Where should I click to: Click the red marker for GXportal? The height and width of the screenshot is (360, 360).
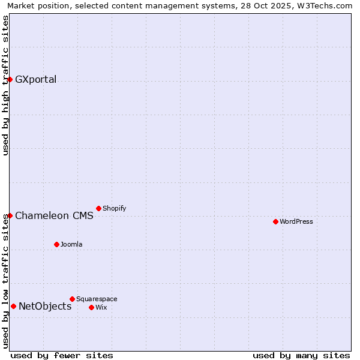click(x=10, y=79)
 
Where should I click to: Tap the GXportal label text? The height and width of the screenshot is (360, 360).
click(x=35, y=80)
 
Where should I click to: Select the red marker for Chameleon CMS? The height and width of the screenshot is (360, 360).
click(x=10, y=215)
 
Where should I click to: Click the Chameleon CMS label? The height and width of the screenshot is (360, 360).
click(x=54, y=216)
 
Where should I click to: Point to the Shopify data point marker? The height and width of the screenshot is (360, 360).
click(x=98, y=208)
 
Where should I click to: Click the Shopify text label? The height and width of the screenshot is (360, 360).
click(x=114, y=208)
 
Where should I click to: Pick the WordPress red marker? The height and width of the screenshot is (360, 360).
click(x=275, y=221)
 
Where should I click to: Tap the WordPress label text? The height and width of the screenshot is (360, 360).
click(x=296, y=221)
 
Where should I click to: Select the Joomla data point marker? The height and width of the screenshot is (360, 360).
click(x=56, y=244)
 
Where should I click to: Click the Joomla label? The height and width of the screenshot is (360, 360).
click(x=71, y=244)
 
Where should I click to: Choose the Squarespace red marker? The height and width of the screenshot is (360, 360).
click(x=72, y=299)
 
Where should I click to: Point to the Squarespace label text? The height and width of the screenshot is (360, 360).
click(x=97, y=299)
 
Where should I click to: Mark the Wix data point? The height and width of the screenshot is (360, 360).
click(x=91, y=307)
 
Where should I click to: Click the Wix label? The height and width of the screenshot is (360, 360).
click(x=101, y=307)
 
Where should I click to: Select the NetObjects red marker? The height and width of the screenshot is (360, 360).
click(x=13, y=306)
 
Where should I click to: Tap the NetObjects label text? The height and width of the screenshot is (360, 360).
click(x=45, y=307)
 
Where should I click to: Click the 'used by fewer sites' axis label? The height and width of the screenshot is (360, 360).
click(x=62, y=355)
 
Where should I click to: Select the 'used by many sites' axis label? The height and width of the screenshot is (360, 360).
click(x=301, y=355)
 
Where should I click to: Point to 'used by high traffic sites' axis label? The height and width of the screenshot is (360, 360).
click(x=5, y=85)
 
